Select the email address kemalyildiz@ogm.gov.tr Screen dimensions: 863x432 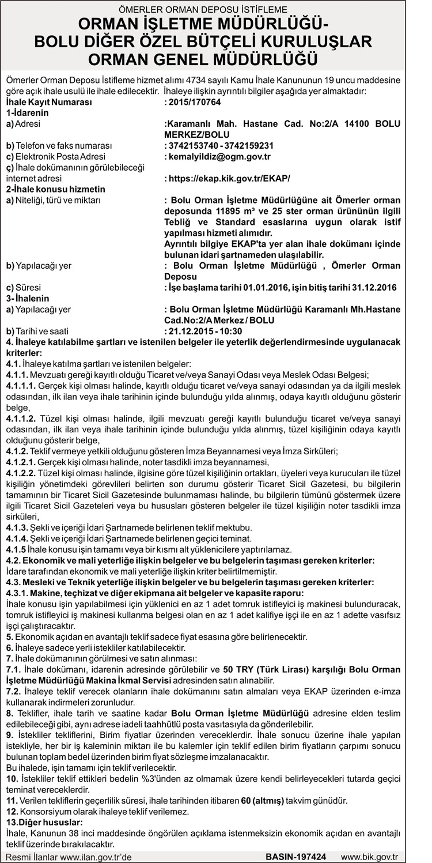[219, 156]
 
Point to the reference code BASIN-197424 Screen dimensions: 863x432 [295, 857]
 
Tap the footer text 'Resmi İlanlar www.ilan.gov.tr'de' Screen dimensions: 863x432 [69, 857]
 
